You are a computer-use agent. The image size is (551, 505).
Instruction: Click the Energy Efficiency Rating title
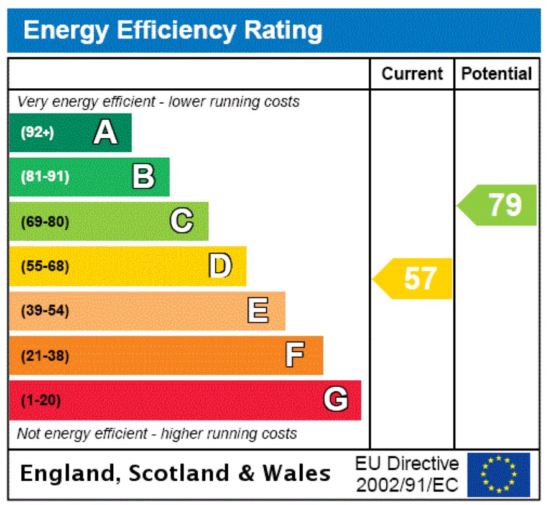(x=173, y=30)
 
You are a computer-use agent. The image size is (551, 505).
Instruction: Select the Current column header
(x=412, y=74)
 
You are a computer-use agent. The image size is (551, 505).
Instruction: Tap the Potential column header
(x=496, y=74)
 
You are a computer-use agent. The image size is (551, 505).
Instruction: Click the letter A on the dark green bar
(x=105, y=132)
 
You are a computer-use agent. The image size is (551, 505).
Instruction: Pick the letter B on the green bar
(x=144, y=176)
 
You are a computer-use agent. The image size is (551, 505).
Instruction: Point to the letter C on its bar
(x=182, y=221)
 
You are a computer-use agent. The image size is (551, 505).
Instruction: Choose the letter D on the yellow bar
(x=220, y=266)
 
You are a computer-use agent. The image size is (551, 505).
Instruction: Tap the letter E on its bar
(x=258, y=311)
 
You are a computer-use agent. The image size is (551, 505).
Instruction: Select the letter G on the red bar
(x=336, y=400)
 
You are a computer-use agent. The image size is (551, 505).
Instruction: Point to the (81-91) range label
(x=45, y=177)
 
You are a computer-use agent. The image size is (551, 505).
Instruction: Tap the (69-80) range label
(x=45, y=222)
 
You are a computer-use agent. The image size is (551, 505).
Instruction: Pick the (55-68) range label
(x=45, y=266)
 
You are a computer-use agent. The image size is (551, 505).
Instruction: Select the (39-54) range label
(x=45, y=311)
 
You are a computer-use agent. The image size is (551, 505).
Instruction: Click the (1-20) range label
(x=41, y=401)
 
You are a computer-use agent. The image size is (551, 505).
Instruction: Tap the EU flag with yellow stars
(x=499, y=475)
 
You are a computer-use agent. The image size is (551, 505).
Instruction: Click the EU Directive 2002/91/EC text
(x=407, y=475)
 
